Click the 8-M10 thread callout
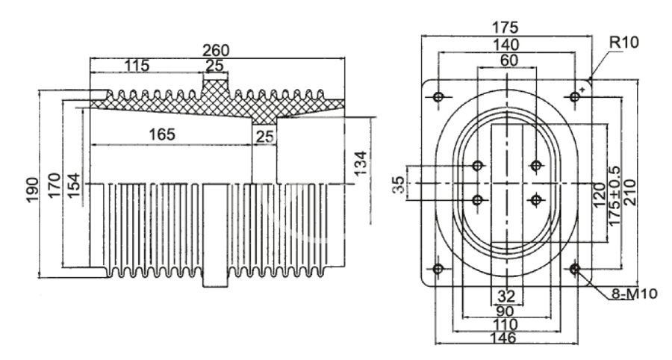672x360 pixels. coord(637,294)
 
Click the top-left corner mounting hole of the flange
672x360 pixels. coord(438,96)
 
